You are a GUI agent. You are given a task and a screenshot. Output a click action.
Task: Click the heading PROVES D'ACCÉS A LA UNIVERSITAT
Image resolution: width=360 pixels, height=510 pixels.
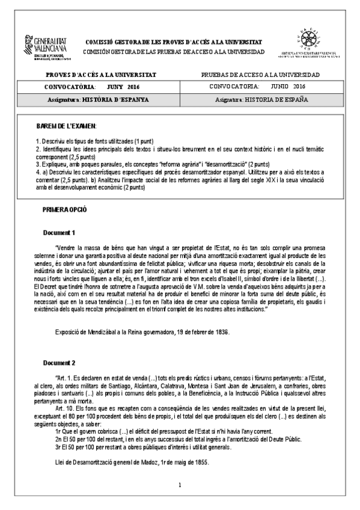(101, 75)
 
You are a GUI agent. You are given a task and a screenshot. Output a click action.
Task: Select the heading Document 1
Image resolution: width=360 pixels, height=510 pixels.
(59, 232)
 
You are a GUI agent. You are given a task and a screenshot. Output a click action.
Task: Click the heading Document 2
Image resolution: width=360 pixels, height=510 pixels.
(59, 363)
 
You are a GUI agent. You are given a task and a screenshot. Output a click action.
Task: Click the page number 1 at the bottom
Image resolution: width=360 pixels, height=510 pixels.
(180, 485)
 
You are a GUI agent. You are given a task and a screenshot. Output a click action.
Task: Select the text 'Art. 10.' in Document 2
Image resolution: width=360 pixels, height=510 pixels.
(65, 408)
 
